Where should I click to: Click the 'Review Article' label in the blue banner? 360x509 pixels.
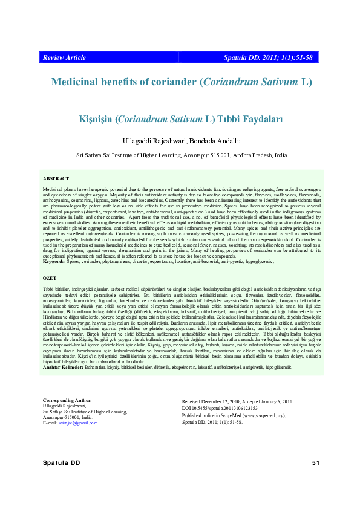[64, 57]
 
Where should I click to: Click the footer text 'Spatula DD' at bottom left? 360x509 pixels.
[61, 463]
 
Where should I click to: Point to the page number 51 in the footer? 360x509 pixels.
[315, 463]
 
